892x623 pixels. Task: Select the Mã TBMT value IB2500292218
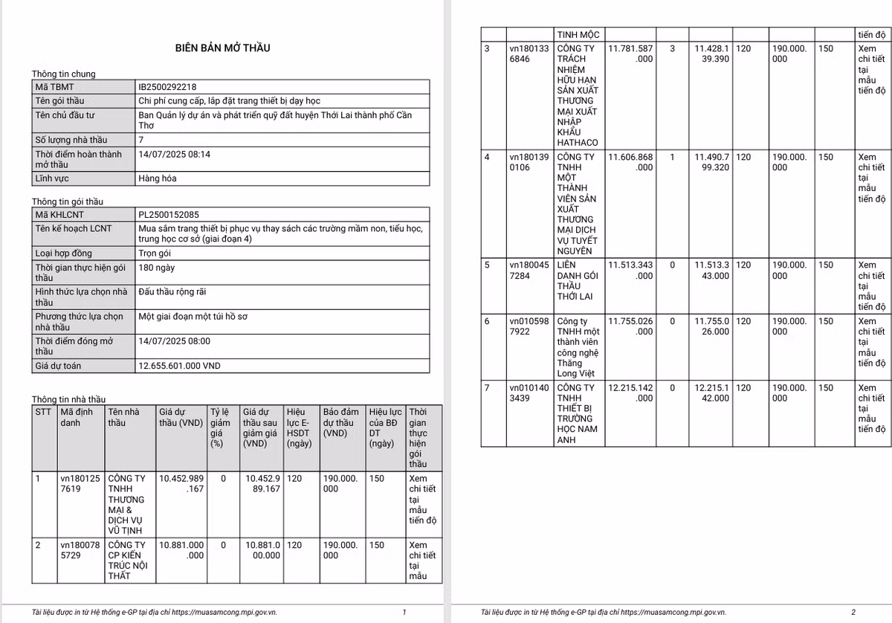pos(167,87)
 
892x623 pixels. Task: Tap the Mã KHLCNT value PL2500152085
pos(168,215)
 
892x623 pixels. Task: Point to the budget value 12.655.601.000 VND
pos(180,366)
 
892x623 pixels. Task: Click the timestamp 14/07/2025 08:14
pos(175,154)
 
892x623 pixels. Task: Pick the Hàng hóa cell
pos(158,178)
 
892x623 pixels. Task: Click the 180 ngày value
pos(157,268)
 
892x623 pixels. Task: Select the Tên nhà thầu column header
pos(123,417)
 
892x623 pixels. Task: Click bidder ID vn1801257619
pos(80,483)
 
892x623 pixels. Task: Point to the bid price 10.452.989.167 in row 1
pos(181,483)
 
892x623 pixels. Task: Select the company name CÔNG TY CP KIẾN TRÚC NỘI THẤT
pos(127,560)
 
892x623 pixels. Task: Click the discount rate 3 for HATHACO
pos(673,48)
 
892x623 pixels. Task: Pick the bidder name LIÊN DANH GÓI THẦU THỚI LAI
pos(578,281)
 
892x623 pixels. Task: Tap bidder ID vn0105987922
pos(529,326)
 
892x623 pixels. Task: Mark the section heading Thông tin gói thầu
pos(68,201)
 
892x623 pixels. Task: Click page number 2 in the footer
pos(853,612)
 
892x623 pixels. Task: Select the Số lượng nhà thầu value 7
pos(141,139)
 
